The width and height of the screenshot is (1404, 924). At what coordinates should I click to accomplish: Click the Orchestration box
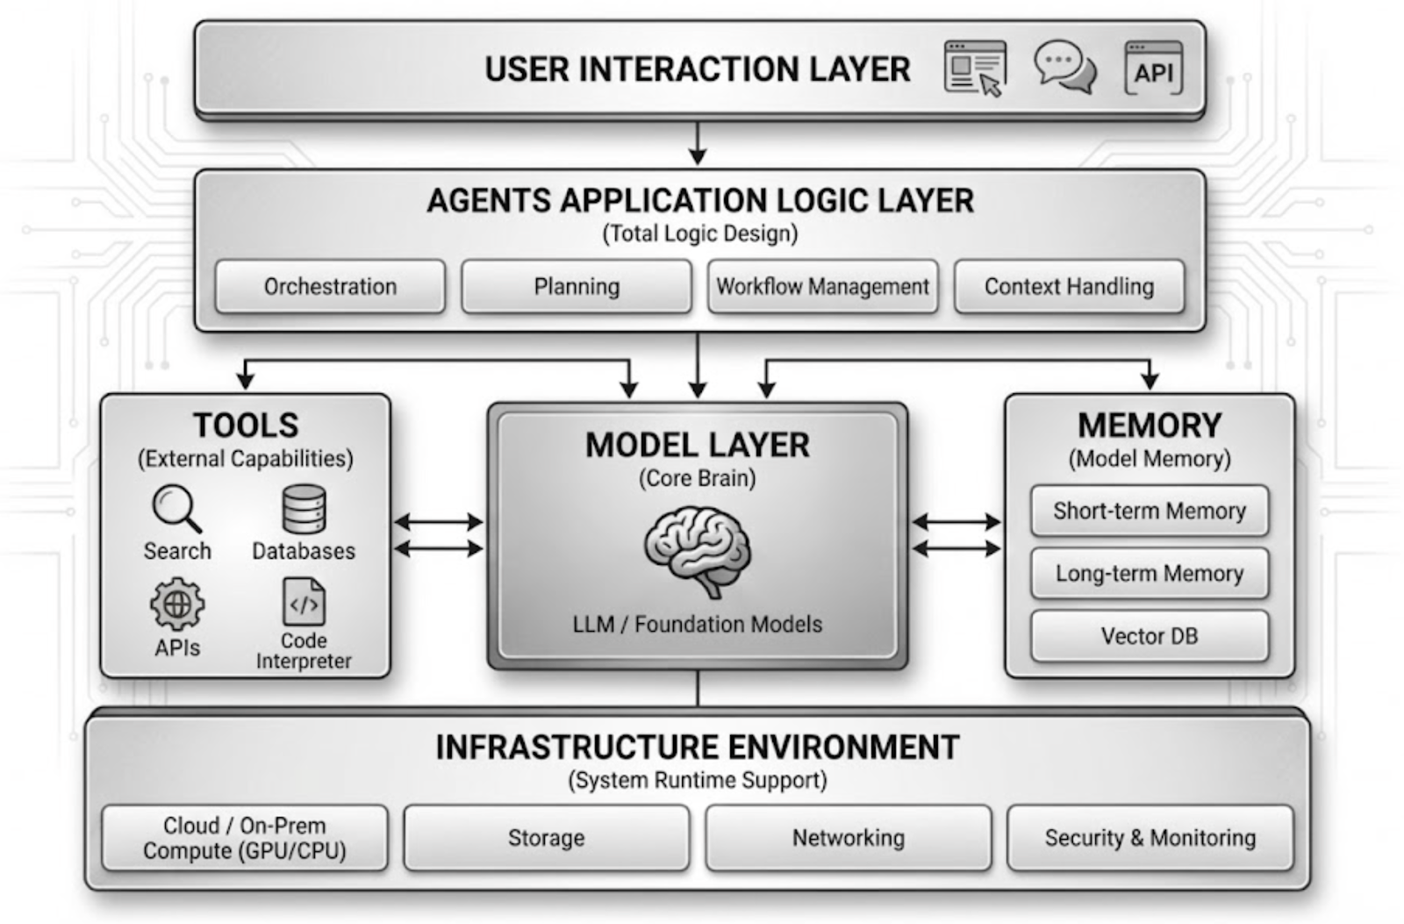tap(330, 286)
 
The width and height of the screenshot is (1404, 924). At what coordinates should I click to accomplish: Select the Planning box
tap(577, 286)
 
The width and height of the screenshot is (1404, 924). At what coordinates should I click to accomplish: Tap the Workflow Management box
tap(822, 286)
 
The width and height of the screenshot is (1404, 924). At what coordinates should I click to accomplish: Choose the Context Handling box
tap(1069, 286)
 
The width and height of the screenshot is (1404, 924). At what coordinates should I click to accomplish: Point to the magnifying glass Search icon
tap(176, 508)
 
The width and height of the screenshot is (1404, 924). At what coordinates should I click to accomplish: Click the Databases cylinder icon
tap(304, 509)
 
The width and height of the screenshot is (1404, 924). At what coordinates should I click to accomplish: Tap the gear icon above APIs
tap(177, 604)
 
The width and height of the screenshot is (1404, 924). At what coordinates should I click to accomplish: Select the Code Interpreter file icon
tap(304, 602)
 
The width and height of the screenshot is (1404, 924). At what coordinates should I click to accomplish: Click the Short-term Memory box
tap(1150, 511)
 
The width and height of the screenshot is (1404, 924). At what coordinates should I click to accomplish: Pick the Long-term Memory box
tap(1150, 573)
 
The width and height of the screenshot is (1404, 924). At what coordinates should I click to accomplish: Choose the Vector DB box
tap(1150, 636)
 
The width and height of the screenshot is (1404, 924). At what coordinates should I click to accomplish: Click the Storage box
tap(546, 838)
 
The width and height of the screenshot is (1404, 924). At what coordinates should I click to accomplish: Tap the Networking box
tap(848, 838)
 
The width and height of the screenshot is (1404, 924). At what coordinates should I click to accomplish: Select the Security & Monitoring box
tap(1150, 838)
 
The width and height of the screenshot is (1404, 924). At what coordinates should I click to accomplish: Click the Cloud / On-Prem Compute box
tap(245, 838)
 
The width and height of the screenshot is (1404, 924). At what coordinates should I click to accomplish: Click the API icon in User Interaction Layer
tap(1153, 68)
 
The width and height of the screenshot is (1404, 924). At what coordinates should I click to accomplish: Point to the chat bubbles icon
tap(1064, 67)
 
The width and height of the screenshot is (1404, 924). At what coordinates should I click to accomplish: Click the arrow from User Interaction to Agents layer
tap(698, 143)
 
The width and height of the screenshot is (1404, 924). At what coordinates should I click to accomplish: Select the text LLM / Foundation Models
tap(698, 624)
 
